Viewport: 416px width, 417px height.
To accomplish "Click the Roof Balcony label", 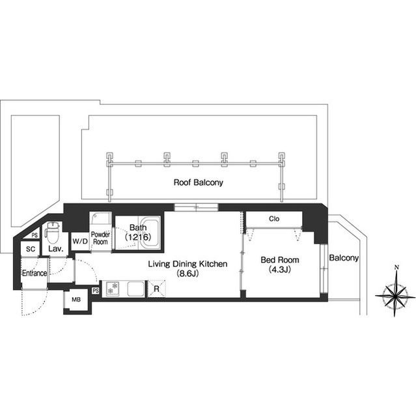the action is click(x=198, y=182).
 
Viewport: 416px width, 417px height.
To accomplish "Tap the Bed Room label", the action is click(x=280, y=260).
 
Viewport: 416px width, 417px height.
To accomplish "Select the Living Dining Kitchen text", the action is click(x=187, y=264).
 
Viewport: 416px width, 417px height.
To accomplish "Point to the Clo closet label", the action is click(x=274, y=219).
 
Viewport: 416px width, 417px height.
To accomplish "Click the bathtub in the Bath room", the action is click(x=149, y=233).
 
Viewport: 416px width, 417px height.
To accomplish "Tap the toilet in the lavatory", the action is click(x=53, y=233).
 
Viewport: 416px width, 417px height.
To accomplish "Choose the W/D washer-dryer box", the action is click(x=80, y=241).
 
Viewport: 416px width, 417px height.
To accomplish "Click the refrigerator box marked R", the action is click(x=156, y=289).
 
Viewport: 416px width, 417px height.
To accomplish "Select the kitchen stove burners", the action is click(x=113, y=289).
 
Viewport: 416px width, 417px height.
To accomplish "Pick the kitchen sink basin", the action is click(x=136, y=289).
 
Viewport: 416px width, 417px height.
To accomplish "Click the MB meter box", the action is click(x=76, y=300).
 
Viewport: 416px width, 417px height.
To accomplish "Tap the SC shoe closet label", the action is click(x=31, y=249).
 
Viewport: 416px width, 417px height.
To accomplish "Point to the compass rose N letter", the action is click(x=396, y=268).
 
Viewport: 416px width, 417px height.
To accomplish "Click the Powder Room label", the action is click(x=100, y=238).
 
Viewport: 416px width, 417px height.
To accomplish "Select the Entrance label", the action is click(x=35, y=273).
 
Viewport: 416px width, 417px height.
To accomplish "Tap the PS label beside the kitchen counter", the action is click(x=96, y=291).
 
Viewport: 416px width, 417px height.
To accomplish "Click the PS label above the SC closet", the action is click(x=35, y=235).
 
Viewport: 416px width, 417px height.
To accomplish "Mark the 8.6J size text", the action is click(x=187, y=274).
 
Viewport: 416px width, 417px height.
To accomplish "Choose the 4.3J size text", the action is click(x=280, y=269).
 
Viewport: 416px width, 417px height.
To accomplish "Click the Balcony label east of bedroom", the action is click(x=344, y=258).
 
